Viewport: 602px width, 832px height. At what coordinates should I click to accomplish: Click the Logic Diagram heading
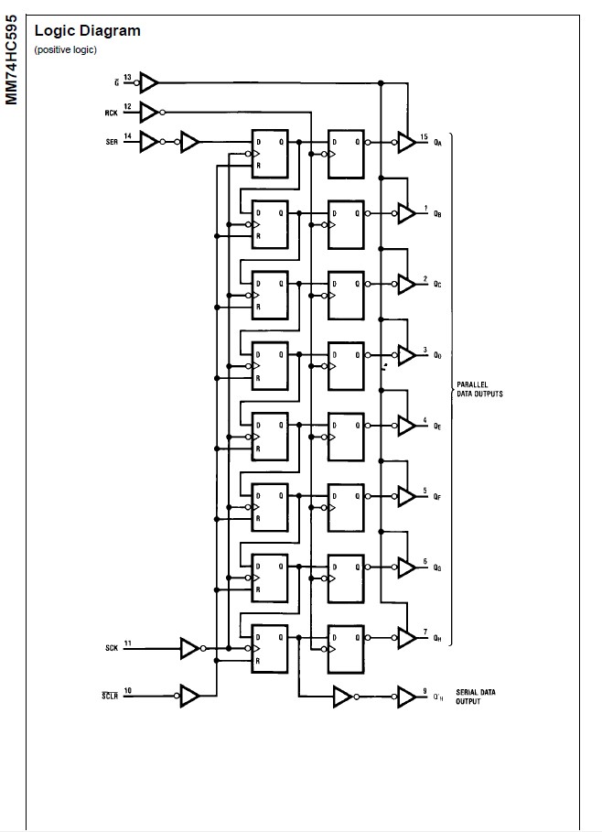(x=88, y=30)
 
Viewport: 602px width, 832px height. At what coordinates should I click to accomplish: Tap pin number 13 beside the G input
(x=127, y=77)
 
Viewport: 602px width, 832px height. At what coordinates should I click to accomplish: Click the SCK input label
(x=112, y=649)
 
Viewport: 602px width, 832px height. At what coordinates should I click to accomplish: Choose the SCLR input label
(x=110, y=697)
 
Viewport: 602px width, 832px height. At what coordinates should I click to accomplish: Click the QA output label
(x=438, y=143)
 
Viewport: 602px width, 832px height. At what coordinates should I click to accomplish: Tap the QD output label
(x=438, y=355)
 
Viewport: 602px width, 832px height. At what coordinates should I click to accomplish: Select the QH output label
(x=438, y=639)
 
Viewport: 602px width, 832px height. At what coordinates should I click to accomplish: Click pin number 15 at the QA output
(x=424, y=136)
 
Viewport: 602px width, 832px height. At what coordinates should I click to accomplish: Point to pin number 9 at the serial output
(x=425, y=691)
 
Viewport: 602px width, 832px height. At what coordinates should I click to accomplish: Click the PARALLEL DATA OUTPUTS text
(x=479, y=389)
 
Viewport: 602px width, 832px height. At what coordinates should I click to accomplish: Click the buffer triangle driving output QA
(x=405, y=142)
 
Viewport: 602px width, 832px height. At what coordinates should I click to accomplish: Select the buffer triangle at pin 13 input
(x=149, y=83)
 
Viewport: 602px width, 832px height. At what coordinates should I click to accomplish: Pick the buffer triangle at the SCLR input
(x=189, y=697)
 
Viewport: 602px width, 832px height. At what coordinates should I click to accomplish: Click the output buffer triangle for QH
(x=405, y=638)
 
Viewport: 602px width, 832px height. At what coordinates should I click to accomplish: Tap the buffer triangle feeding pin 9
(x=405, y=697)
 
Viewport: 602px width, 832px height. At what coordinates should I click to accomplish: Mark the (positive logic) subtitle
(x=65, y=49)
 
